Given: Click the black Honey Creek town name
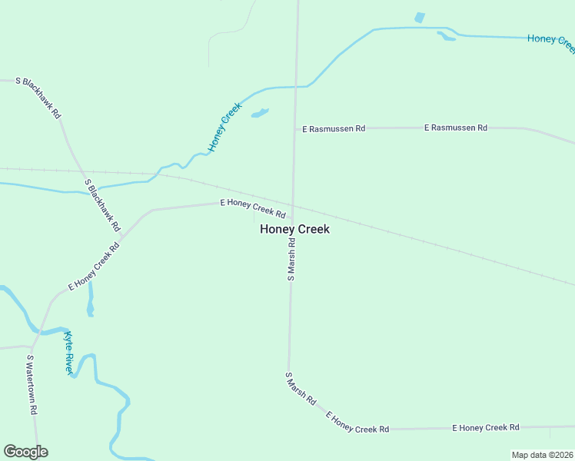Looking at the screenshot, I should [x=294, y=229].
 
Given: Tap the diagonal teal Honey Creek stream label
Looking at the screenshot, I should [x=224, y=126].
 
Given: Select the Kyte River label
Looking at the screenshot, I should [x=68, y=353].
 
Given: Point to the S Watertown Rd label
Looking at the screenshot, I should [x=32, y=385].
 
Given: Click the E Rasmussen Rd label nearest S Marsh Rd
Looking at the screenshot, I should [x=334, y=129].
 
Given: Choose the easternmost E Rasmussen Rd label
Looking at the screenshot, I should [x=456, y=128].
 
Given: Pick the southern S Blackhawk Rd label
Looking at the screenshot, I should [x=103, y=206].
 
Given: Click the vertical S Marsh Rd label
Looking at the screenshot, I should [x=291, y=259].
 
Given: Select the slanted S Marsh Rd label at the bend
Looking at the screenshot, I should [x=301, y=389].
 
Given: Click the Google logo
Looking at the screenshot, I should [x=25, y=452].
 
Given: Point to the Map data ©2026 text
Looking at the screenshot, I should [x=542, y=455].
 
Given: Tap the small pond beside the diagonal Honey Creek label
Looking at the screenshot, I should [x=260, y=114].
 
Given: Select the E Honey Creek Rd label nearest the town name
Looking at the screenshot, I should [x=253, y=207].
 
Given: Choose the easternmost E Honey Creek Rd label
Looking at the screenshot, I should [x=486, y=427].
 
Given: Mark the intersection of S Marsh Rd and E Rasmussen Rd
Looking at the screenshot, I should [x=294, y=128].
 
